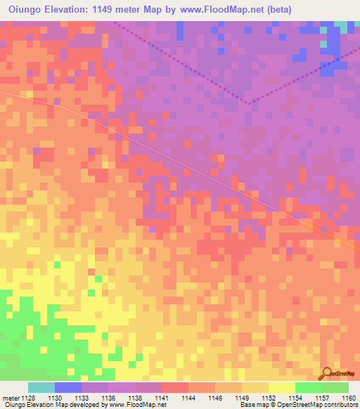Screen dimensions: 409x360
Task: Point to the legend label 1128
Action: (25, 397)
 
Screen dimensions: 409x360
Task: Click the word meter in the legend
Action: (9, 397)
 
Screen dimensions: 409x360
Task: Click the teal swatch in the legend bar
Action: (41, 387)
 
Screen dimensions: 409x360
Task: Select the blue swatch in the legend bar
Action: (67, 387)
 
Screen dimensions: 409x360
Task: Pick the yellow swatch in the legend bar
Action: (281, 387)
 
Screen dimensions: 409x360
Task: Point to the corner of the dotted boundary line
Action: (250, 103)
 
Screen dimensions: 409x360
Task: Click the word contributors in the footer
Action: (341, 405)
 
